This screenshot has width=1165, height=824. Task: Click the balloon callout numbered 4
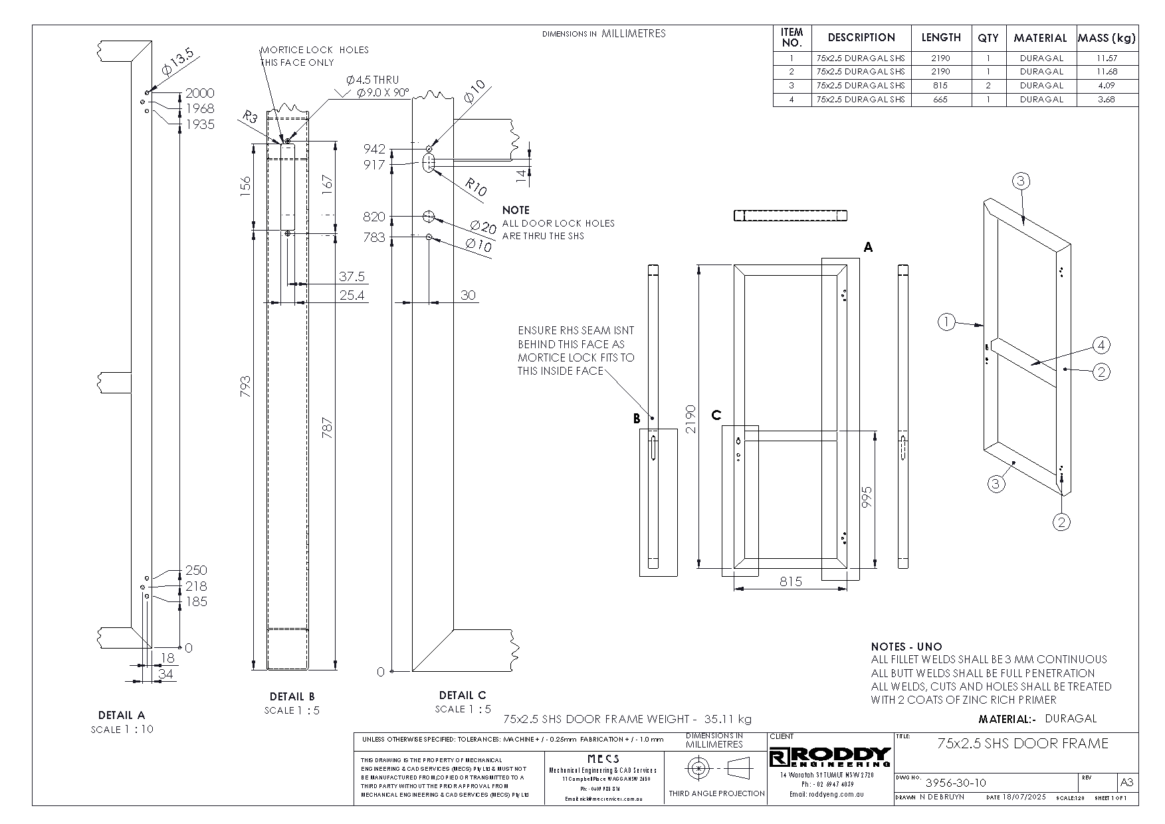pos(1101,345)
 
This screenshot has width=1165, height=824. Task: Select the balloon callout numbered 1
pos(946,323)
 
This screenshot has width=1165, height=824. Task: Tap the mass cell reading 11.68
pos(1107,72)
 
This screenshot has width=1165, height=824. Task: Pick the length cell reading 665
pos(940,100)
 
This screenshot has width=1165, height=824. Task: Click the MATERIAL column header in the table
pos(1040,38)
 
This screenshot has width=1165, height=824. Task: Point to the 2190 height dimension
pos(690,419)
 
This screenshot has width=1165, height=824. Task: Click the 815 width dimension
pos(790,581)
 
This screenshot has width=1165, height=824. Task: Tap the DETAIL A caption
pos(121,715)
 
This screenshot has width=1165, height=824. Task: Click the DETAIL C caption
pos(463,695)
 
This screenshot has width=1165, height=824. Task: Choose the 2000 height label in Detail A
pos(199,93)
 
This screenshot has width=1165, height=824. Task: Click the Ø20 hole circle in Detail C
pos(429,216)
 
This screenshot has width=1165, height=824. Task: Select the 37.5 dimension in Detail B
pos(352,276)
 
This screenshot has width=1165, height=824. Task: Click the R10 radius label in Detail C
pos(475,187)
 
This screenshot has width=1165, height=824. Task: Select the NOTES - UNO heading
pos(906,647)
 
